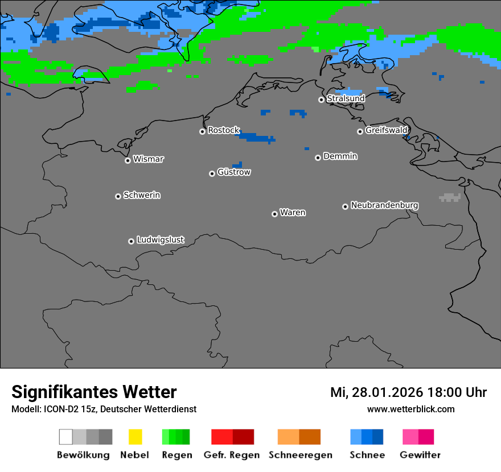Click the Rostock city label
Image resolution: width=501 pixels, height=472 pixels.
[223, 130]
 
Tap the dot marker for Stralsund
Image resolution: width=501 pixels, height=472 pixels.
[321, 100]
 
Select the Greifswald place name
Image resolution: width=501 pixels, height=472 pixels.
[386, 130]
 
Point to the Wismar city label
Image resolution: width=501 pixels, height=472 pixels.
[148, 159]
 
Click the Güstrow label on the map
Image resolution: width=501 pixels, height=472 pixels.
[233, 172]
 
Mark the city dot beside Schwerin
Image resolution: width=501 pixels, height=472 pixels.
[118, 196]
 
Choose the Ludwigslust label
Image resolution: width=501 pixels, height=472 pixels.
[160, 240]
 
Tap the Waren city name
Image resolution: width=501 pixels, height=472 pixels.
[293, 213]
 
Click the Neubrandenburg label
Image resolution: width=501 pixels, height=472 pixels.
[384, 205]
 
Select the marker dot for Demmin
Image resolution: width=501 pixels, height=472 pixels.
[318, 158]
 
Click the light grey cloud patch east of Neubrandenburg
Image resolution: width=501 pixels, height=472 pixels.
[450, 197]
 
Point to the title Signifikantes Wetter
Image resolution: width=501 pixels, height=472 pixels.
[94, 392]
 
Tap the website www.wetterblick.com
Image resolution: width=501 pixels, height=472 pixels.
[410, 409]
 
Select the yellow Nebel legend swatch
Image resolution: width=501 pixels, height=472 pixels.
[135, 437]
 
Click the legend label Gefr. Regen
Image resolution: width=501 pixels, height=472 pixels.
[232, 455]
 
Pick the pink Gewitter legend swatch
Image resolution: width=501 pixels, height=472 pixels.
[410, 437]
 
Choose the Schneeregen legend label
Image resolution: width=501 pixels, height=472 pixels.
[300, 455]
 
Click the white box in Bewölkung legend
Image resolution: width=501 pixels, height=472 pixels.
[65, 437]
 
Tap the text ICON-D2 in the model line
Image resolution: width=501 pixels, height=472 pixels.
[58, 409]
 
